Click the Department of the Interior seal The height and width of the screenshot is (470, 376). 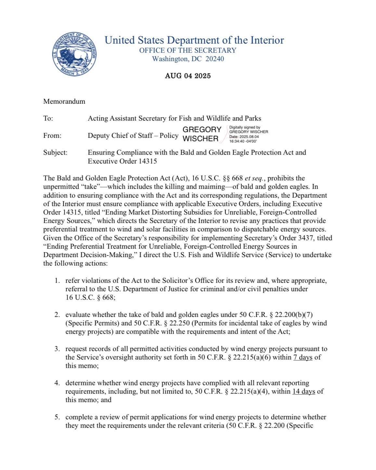coord(74,54)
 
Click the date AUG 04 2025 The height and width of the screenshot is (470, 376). coord(188,76)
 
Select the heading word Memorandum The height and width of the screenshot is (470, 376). coord(64,101)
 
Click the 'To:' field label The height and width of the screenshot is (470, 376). coord(48,118)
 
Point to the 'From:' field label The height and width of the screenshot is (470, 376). coord(52,136)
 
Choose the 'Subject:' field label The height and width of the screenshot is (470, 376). coord(55,152)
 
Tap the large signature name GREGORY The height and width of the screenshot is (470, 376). coord(202,129)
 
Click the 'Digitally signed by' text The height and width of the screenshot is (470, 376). coord(245,127)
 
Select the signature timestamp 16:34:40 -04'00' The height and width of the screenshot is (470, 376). coord(243,141)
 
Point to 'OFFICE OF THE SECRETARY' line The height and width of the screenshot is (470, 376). coord(188,50)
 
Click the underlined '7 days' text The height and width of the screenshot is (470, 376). coord(303,358)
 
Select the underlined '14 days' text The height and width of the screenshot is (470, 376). coord(304,392)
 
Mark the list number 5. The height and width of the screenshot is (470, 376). coord(57,417)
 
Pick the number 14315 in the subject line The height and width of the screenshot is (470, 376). coord(147,161)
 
